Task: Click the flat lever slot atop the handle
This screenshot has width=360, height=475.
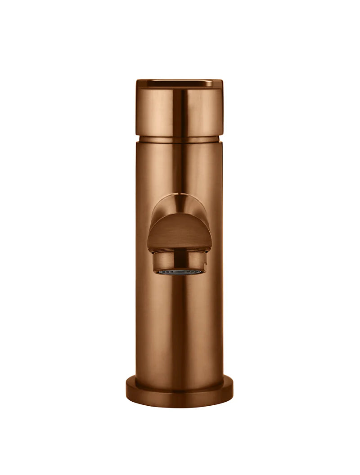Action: point(180,83)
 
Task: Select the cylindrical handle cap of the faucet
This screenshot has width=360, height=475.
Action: point(180,110)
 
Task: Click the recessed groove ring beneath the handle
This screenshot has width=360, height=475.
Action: point(180,139)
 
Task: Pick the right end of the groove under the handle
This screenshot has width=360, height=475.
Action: point(221,139)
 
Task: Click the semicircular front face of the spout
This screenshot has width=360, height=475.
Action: point(180,234)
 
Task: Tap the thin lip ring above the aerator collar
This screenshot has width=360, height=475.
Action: point(180,251)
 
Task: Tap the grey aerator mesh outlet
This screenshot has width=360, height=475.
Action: point(180,272)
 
